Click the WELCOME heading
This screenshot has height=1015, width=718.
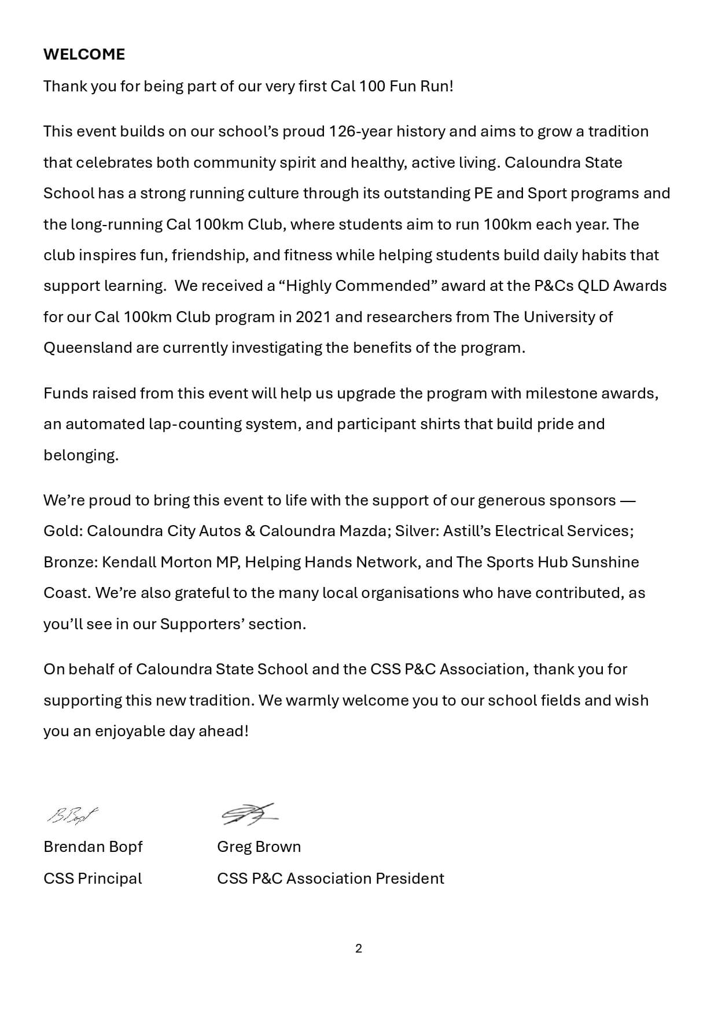click(x=84, y=54)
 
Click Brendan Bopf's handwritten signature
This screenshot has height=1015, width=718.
click(x=73, y=815)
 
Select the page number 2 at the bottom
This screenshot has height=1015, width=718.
click(x=359, y=948)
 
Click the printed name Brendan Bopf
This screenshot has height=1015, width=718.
click(x=93, y=847)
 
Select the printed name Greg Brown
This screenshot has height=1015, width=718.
click(x=259, y=847)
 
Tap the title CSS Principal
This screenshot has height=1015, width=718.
click(x=93, y=879)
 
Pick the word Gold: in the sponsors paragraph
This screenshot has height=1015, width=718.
click(x=63, y=531)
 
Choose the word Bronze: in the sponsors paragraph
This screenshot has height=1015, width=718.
click(x=71, y=562)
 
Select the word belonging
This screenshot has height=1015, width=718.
click(x=81, y=455)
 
